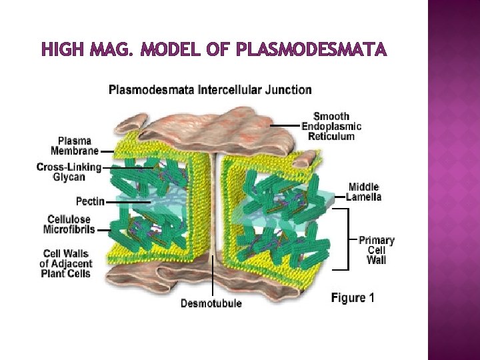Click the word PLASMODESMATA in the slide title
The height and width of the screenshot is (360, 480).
[312, 50]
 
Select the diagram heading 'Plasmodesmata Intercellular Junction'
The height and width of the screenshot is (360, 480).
[210, 89]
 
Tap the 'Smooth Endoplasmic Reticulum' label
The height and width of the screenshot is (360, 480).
[331, 126]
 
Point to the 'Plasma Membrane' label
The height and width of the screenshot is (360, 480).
[75, 145]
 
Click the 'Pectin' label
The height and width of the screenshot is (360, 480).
[90, 201]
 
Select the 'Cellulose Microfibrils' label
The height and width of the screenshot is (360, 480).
[69, 225]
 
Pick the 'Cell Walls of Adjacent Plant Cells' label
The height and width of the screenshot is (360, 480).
[66, 263]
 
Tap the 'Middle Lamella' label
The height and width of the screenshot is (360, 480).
[363, 191]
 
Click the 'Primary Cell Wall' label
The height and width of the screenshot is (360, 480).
[376, 249]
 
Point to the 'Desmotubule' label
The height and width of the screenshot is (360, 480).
[211, 303]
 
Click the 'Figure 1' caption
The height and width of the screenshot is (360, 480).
[353, 298]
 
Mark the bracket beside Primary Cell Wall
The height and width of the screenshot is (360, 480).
[346, 239]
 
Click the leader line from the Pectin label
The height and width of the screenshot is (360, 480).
[127, 201]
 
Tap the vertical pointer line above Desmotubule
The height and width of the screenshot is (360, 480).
[213, 280]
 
